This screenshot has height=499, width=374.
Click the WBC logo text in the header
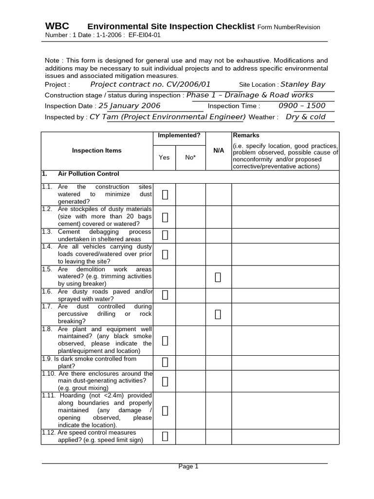tap(57, 26)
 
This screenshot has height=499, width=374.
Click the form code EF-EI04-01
tap(145, 35)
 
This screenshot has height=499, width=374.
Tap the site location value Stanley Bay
tap(303, 84)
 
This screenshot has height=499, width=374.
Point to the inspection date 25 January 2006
tap(129, 106)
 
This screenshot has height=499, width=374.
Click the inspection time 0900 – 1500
tap(302, 106)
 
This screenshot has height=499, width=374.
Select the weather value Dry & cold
tap(305, 117)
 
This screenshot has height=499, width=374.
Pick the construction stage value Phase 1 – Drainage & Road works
tap(250, 95)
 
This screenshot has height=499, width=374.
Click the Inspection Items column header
tap(97, 151)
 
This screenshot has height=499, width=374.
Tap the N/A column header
tap(219, 151)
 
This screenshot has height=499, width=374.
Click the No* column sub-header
tap(190, 157)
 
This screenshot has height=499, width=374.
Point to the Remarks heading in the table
tap(246, 135)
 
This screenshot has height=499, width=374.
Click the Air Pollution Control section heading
tap(88, 174)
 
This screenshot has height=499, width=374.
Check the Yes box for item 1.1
tap(165, 195)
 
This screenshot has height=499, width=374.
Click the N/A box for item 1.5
tap(218, 277)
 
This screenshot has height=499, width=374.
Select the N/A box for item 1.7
tap(218, 314)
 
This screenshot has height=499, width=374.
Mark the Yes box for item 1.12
tap(165, 436)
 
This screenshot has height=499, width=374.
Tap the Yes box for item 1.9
tap(165, 362)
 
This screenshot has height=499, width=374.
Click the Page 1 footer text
tap(188, 466)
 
